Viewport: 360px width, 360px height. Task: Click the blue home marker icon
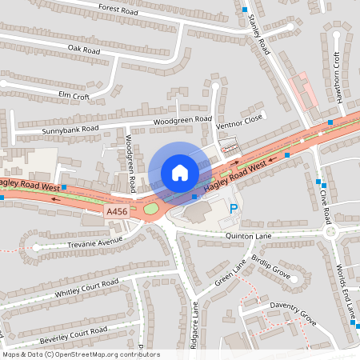click(179, 172)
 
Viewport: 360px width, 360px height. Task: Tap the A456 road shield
click(116, 211)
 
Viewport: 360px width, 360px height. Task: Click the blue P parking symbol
click(234, 209)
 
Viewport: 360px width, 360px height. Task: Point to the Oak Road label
click(83, 50)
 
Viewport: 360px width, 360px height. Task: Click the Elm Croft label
click(74, 95)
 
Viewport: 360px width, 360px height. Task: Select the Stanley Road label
click(261, 36)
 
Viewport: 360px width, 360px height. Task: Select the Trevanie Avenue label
click(94, 239)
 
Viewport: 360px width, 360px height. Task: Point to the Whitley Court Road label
click(86, 288)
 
